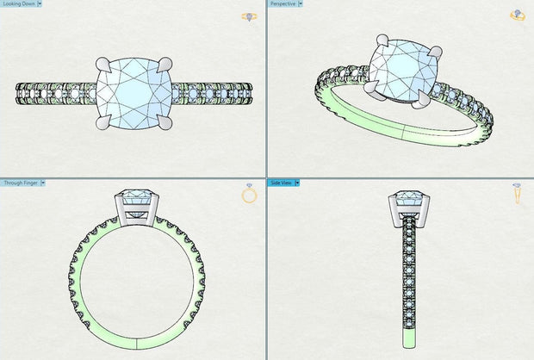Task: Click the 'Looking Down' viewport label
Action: tap(18, 4)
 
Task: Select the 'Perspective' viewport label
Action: tap(283, 4)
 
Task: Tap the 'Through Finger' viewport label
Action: tap(20, 183)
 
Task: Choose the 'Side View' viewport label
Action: tap(282, 183)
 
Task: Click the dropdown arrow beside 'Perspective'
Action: tap(301, 4)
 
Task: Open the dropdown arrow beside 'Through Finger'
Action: tap(43, 183)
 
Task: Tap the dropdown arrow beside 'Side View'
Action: tap(299, 183)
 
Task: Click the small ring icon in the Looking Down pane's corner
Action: tap(250, 16)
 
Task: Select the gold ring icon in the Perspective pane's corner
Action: tap(517, 16)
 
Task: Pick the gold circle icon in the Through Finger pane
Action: tap(250, 195)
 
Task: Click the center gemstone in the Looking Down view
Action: tap(133, 90)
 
